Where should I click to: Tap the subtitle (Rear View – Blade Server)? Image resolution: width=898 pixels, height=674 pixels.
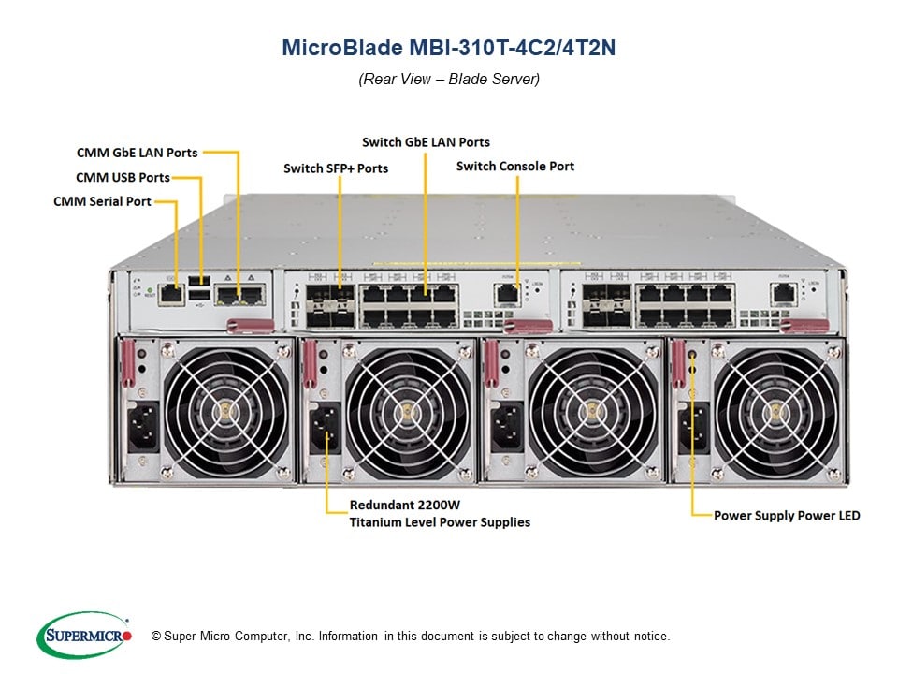coord(449,80)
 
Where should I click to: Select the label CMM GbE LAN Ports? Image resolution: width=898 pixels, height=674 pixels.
coord(137,152)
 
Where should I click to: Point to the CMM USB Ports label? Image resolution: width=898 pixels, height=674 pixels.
coord(123,177)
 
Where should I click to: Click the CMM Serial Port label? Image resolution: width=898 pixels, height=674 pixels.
coord(102,201)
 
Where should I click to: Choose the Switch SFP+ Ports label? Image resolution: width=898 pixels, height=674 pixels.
coord(336,168)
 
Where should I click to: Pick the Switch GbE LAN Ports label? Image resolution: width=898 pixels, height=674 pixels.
coord(426,142)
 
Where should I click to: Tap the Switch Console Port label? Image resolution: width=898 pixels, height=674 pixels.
coord(515,167)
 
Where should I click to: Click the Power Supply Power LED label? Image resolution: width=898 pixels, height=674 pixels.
coord(787,516)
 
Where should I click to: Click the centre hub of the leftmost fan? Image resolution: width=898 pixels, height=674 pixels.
coord(224,410)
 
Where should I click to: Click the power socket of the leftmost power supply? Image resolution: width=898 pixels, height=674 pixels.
coord(141,427)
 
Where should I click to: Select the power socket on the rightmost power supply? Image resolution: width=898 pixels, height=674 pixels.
coord(693,427)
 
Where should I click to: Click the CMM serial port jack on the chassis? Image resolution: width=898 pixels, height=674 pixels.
coord(171,294)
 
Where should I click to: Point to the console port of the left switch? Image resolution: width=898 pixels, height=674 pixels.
coord(506,293)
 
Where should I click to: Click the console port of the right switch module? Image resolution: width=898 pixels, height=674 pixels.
coord(783,293)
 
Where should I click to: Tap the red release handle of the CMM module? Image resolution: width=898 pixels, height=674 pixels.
coord(250,324)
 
